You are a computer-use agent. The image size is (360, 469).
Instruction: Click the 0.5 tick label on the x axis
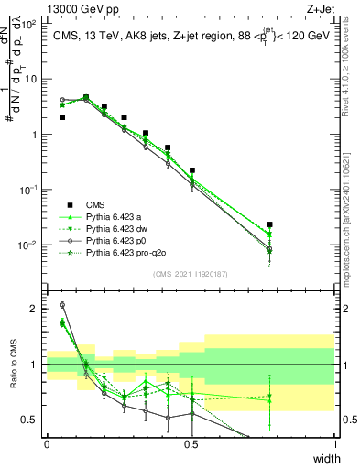click(191, 443)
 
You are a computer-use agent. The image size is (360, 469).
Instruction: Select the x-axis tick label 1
click(335, 443)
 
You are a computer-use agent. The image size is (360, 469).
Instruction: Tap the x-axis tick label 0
click(48, 443)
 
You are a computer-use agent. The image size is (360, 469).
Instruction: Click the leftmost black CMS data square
click(62, 117)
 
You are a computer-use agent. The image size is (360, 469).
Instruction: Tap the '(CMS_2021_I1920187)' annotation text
click(191, 274)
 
